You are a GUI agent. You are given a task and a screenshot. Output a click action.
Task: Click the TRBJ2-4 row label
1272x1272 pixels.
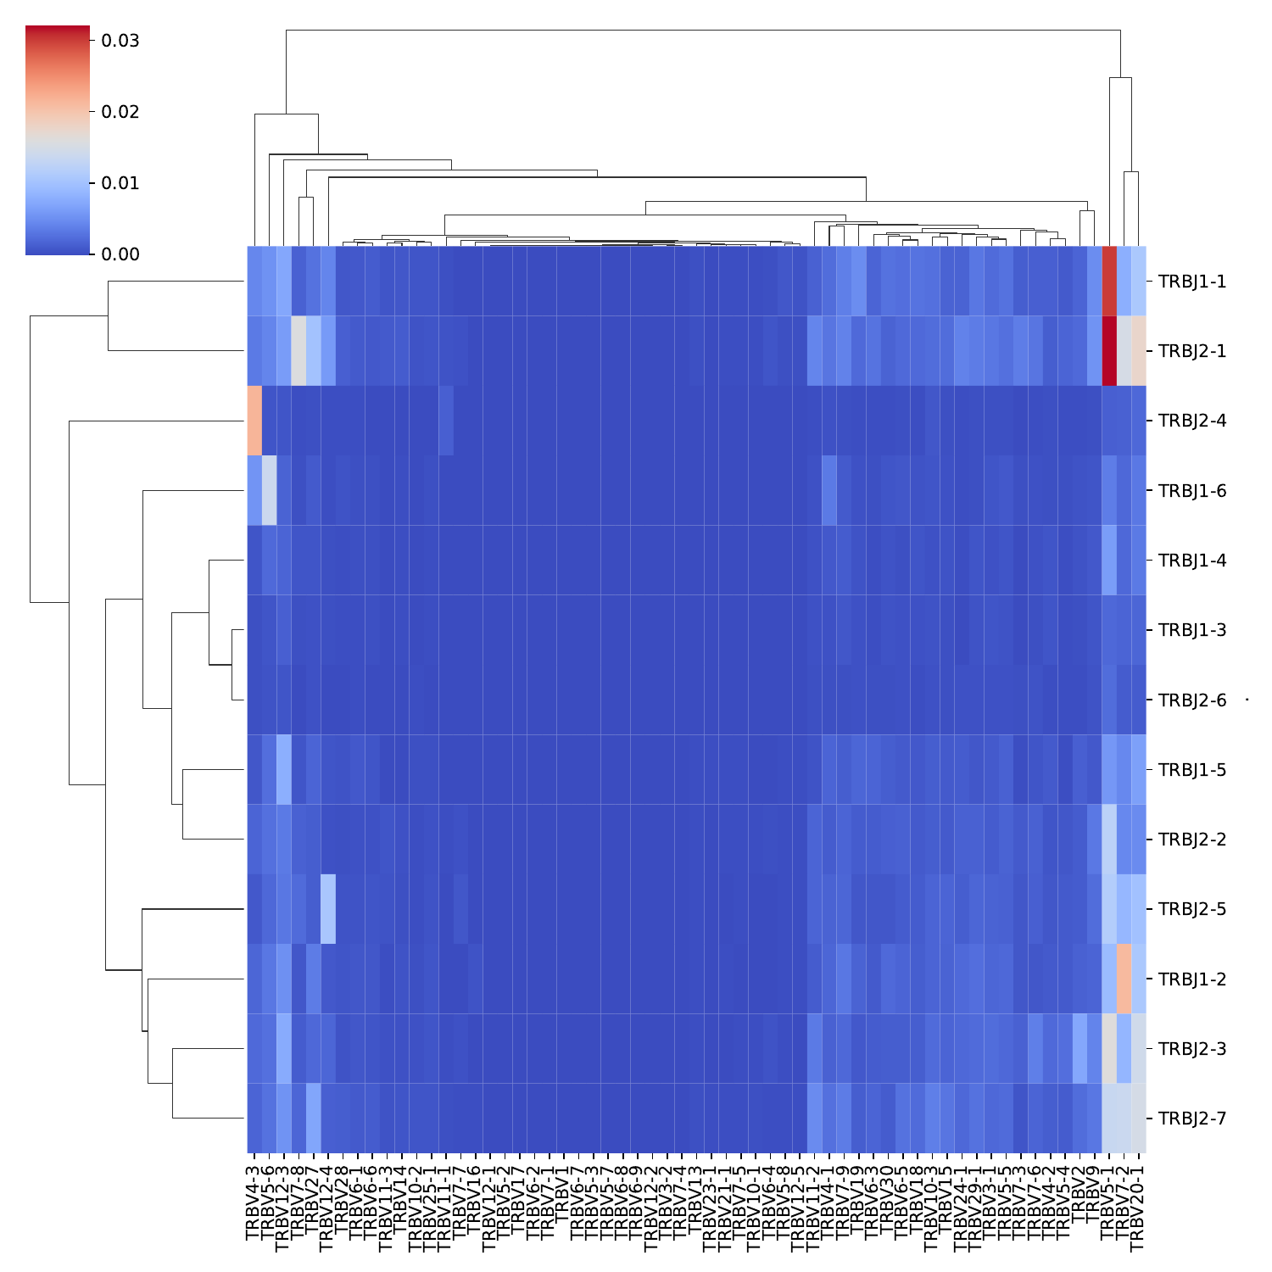pos(1191,421)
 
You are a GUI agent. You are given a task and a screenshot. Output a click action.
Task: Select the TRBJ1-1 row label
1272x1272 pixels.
pos(1191,282)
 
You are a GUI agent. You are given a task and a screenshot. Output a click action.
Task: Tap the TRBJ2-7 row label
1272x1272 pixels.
pos(1191,1119)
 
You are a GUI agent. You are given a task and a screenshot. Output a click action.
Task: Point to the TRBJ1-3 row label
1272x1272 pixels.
pos(1191,630)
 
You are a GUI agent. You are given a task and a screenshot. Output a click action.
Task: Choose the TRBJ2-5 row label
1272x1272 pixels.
pos(1191,909)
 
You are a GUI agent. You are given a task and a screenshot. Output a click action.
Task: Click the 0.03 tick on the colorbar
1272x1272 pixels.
pos(119,41)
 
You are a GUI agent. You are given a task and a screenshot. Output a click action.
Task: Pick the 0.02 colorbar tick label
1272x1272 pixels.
pos(119,112)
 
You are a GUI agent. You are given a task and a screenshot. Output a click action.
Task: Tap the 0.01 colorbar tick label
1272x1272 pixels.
pos(119,183)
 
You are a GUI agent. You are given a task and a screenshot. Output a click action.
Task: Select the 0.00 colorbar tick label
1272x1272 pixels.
pos(119,254)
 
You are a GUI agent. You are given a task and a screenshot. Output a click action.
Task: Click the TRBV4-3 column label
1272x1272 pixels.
pos(254,1204)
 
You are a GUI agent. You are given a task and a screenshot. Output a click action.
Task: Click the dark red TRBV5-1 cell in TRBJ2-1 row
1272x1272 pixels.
pos(1109,351)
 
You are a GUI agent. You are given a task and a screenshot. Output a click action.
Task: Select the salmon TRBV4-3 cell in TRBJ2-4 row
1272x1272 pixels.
pos(254,421)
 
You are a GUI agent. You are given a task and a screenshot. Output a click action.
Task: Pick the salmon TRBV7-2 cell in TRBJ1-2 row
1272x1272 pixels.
pos(1124,979)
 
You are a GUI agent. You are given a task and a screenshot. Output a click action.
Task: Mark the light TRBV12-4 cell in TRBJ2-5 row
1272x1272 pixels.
pos(328,909)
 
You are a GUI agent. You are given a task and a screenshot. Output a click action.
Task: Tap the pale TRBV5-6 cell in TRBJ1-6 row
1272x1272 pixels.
pos(269,490)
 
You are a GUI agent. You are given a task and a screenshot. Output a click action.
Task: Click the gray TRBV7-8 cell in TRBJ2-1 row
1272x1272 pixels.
pos(298,351)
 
